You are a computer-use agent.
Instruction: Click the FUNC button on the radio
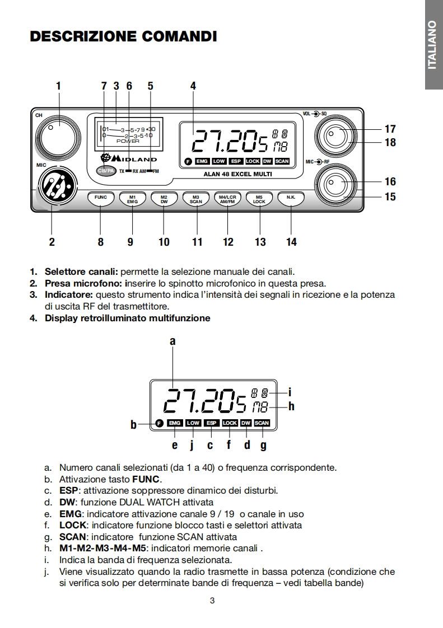(101, 198)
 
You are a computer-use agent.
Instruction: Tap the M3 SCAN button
(196, 199)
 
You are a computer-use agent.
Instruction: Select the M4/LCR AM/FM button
(227, 199)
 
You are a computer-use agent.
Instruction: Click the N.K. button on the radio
(291, 198)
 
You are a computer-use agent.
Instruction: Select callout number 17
(390, 129)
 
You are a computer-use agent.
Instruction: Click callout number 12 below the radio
(228, 242)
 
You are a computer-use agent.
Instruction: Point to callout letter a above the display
(172, 340)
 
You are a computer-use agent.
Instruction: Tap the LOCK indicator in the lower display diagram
(230, 423)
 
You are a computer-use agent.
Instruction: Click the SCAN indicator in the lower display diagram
(262, 423)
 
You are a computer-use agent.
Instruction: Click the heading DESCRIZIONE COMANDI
(123, 37)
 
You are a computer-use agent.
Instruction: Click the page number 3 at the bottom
(212, 601)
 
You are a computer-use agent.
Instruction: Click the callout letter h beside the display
(291, 407)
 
